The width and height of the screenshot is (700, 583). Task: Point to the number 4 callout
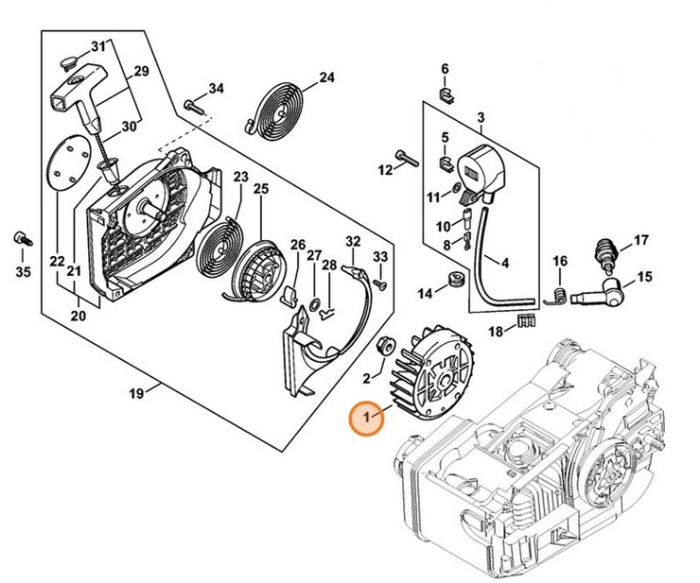pyautogui.click(x=505, y=264)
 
